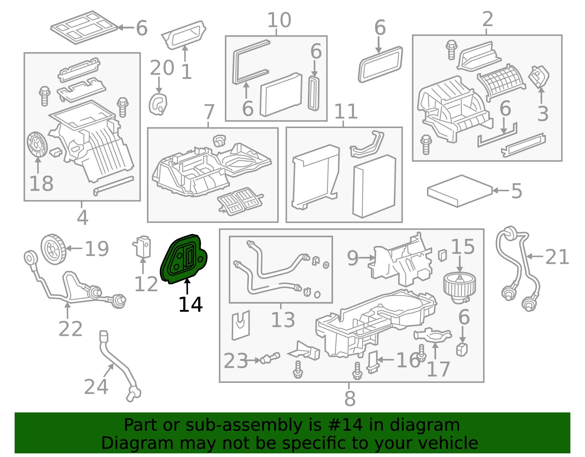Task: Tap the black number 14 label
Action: (190, 304)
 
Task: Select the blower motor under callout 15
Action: (459, 288)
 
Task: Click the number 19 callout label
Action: (97, 248)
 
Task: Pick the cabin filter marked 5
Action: (460, 191)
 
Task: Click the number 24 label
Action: (96, 386)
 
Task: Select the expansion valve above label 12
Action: (142, 247)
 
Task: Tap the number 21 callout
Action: (557, 257)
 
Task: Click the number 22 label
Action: (70, 329)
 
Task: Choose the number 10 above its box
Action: (279, 20)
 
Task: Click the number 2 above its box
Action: (487, 19)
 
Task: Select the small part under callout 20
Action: (158, 104)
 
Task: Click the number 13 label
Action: (283, 320)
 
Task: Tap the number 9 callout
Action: (353, 258)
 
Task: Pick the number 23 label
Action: (235, 361)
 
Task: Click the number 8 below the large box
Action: (350, 398)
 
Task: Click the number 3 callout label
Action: (543, 114)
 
